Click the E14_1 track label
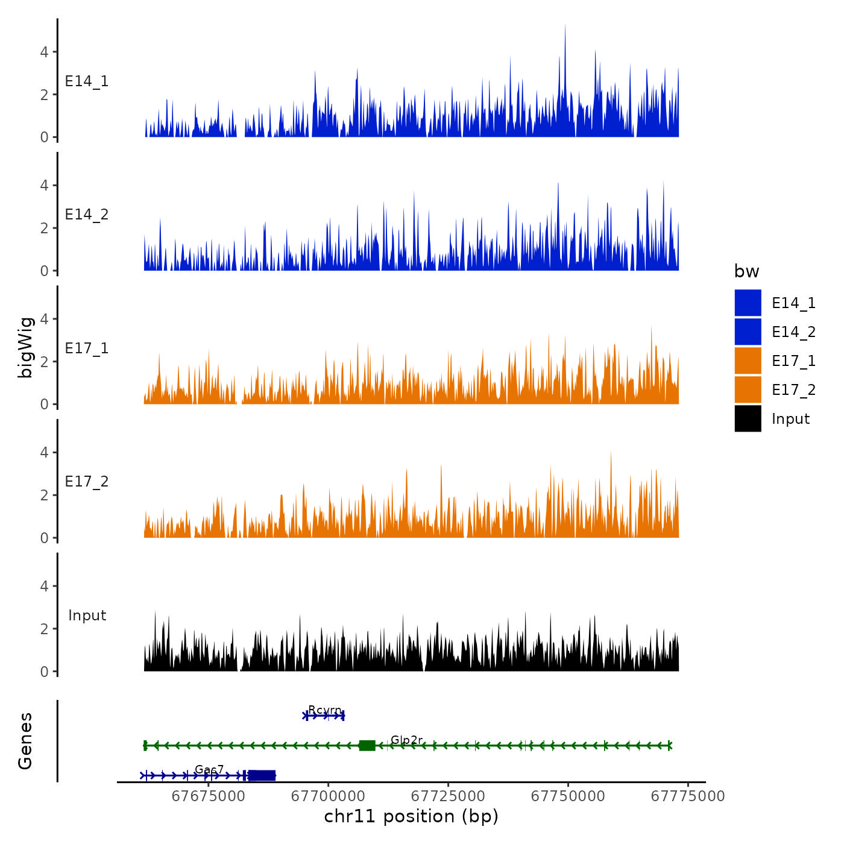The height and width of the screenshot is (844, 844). pos(87,81)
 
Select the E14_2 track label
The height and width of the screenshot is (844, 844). pos(87,215)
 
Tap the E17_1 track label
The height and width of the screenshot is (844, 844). pos(87,348)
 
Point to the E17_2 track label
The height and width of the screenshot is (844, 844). pos(87,482)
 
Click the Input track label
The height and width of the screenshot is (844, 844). pos(87,616)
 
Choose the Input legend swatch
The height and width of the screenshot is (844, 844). pos(748,418)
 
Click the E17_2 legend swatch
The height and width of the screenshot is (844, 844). pos(748,389)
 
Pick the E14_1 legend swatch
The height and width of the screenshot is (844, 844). pos(748,303)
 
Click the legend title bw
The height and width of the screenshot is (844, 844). pos(746,271)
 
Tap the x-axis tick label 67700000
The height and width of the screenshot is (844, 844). pos(328,796)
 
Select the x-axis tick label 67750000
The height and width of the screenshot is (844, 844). pos(568,796)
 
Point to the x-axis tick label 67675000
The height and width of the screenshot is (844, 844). pos(209,796)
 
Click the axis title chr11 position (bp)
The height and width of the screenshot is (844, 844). pos(411,816)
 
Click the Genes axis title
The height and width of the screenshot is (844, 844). pos(25,741)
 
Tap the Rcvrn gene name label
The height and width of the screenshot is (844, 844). pos(325,710)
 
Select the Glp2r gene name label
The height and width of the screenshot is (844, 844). pos(406,740)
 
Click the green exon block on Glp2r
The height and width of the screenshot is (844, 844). pos(367,746)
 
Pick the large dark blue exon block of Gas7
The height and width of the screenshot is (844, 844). pos(262,775)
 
